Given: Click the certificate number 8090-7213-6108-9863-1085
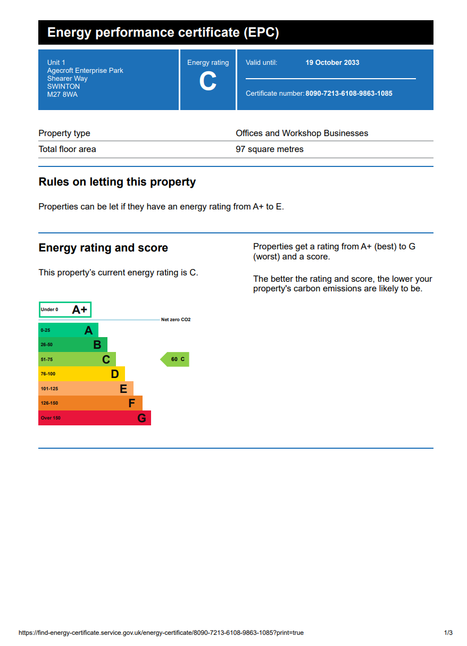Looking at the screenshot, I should [348, 94].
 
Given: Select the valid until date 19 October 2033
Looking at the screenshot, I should [332, 63].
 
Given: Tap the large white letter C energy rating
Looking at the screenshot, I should [208, 82].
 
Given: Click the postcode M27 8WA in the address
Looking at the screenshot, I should [62, 95].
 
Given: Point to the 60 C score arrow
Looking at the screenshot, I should [176, 359].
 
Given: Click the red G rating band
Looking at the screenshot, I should [94, 418].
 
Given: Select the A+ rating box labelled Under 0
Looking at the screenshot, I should [65, 309].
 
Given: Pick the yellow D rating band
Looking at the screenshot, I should [81, 374].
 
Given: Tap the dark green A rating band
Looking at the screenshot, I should [68, 330].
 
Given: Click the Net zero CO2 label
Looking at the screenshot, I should [176, 320].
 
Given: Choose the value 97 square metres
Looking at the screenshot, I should [270, 149].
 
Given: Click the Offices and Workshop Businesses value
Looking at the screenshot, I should [302, 133].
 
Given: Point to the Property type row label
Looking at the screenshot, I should [64, 133].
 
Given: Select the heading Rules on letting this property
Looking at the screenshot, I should [117, 182].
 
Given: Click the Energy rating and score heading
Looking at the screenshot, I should [103, 248].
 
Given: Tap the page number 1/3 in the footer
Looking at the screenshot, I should [448, 633].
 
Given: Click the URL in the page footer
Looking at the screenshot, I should [161, 633].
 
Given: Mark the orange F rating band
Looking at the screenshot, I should [90, 403].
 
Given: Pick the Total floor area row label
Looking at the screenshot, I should [68, 149].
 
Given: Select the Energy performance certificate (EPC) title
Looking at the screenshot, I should [163, 32].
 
